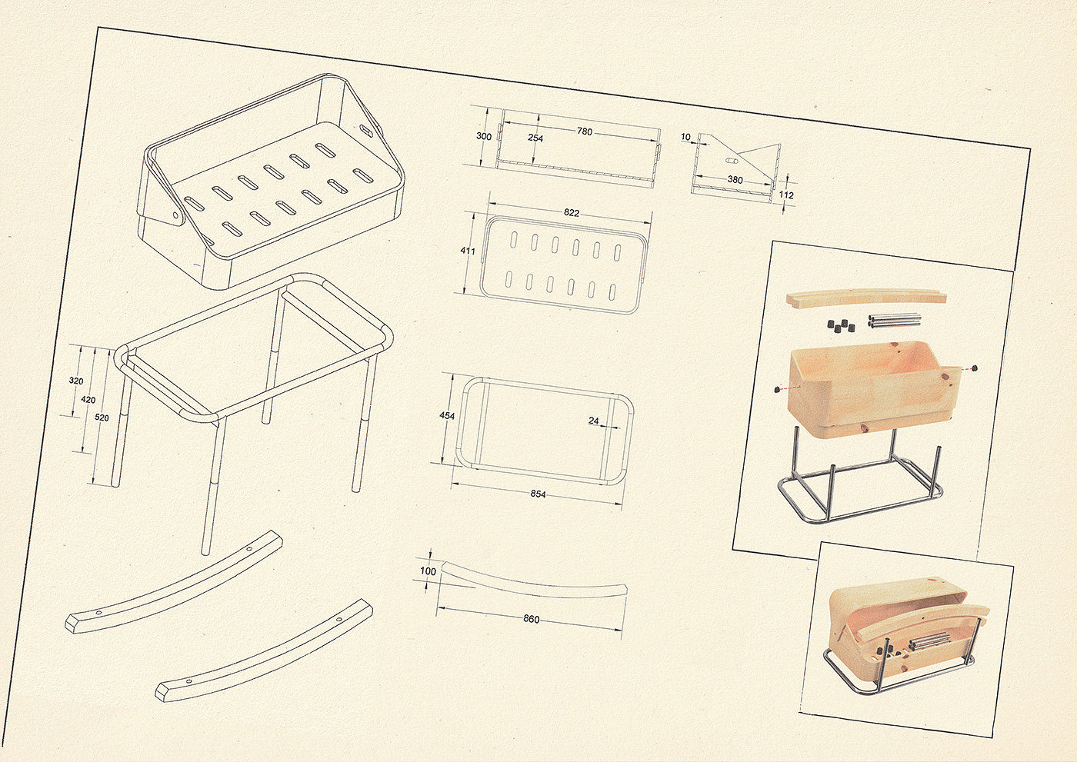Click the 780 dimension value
tap(584, 131)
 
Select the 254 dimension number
tap(535, 138)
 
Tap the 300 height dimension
tap(484, 136)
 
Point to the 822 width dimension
tap(571, 213)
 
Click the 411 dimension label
tap(468, 251)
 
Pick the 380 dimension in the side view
tap(735, 180)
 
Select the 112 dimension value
tap(786, 195)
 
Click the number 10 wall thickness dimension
tap(685, 137)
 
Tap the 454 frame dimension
tap(447, 415)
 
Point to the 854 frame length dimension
tap(538, 494)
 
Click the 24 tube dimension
tap(594, 421)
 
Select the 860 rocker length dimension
tap(532, 619)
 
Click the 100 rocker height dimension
tap(428, 571)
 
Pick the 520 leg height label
tap(102, 418)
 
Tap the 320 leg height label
tap(76, 381)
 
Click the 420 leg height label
tap(88, 400)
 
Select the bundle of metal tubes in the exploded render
tap(894, 321)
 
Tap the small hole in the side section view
tap(730, 161)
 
